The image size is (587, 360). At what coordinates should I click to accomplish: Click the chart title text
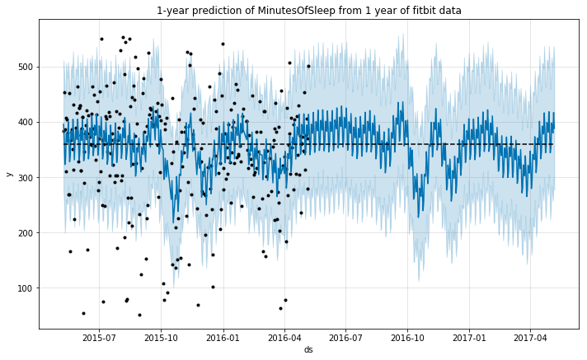[308, 11]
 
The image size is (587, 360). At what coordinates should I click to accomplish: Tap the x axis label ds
[308, 350]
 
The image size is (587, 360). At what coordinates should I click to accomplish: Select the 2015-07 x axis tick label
[98, 336]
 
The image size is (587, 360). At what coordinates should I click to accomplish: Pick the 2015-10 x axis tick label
[160, 336]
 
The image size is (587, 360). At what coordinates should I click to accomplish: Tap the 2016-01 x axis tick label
[222, 336]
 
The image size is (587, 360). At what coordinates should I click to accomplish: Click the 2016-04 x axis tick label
[284, 336]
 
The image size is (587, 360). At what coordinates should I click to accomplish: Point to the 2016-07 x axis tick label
[345, 336]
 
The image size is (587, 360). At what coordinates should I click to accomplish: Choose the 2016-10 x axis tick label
[407, 336]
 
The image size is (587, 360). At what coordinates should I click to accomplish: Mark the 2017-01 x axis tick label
[469, 336]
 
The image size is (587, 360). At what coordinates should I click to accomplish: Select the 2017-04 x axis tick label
[530, 336]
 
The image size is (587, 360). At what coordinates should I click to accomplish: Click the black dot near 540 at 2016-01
[223, 44]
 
